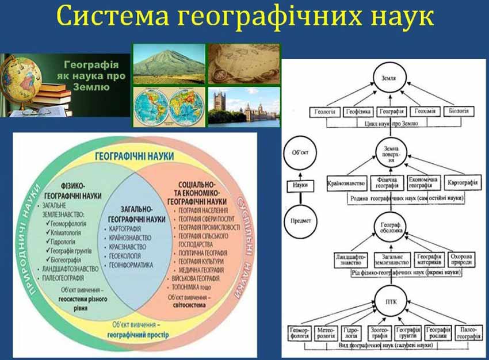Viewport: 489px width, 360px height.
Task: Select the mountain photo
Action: click(169, 64)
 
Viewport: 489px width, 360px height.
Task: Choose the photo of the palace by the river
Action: click(243, 106)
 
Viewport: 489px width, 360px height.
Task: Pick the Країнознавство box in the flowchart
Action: click(347, 183)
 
